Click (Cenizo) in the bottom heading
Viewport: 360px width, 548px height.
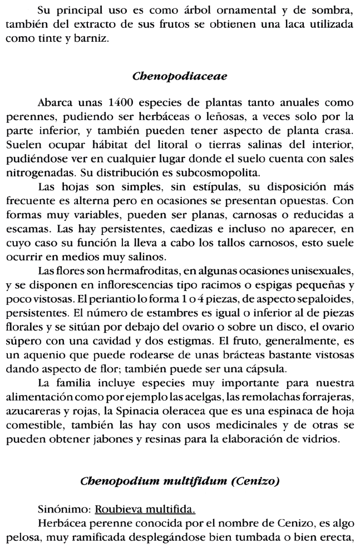click(x=259, y=483)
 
